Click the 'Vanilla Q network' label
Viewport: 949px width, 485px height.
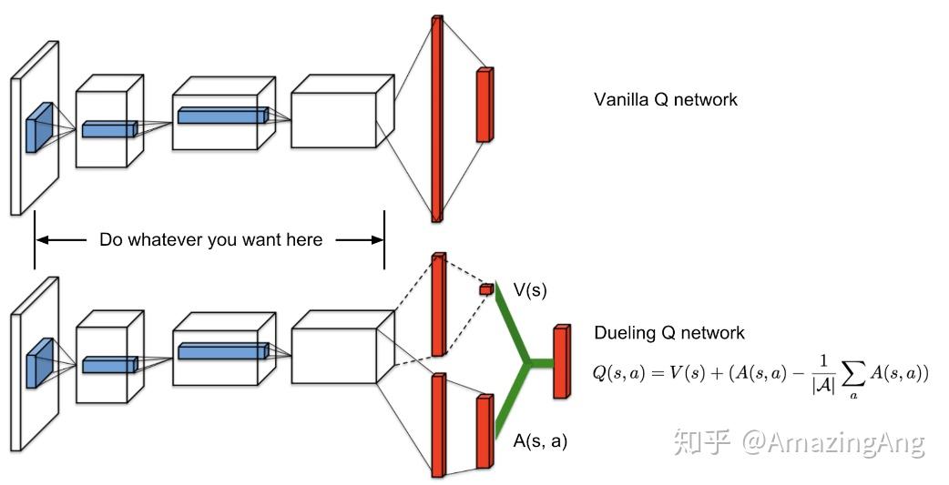tap(665, 99)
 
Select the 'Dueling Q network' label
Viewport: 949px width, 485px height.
tap(668, 333)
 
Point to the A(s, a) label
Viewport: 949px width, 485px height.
tap(540, 441)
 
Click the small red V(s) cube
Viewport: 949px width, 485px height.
tap(485, 289)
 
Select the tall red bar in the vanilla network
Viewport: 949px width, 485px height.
tap(437, 118)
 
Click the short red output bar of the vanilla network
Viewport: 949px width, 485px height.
tap(484, 105)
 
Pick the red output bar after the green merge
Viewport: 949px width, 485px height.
tap(561, 361)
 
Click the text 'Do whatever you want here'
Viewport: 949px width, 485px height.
tap(210, 240)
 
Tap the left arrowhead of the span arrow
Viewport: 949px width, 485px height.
tap(42, 240)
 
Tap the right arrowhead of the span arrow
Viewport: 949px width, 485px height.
tap(377, 240)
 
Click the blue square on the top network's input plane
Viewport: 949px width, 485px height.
tap(39, 126)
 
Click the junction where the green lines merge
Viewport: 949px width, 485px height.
tap(526, 365)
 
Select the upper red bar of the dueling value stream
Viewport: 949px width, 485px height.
tap(438, 305)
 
